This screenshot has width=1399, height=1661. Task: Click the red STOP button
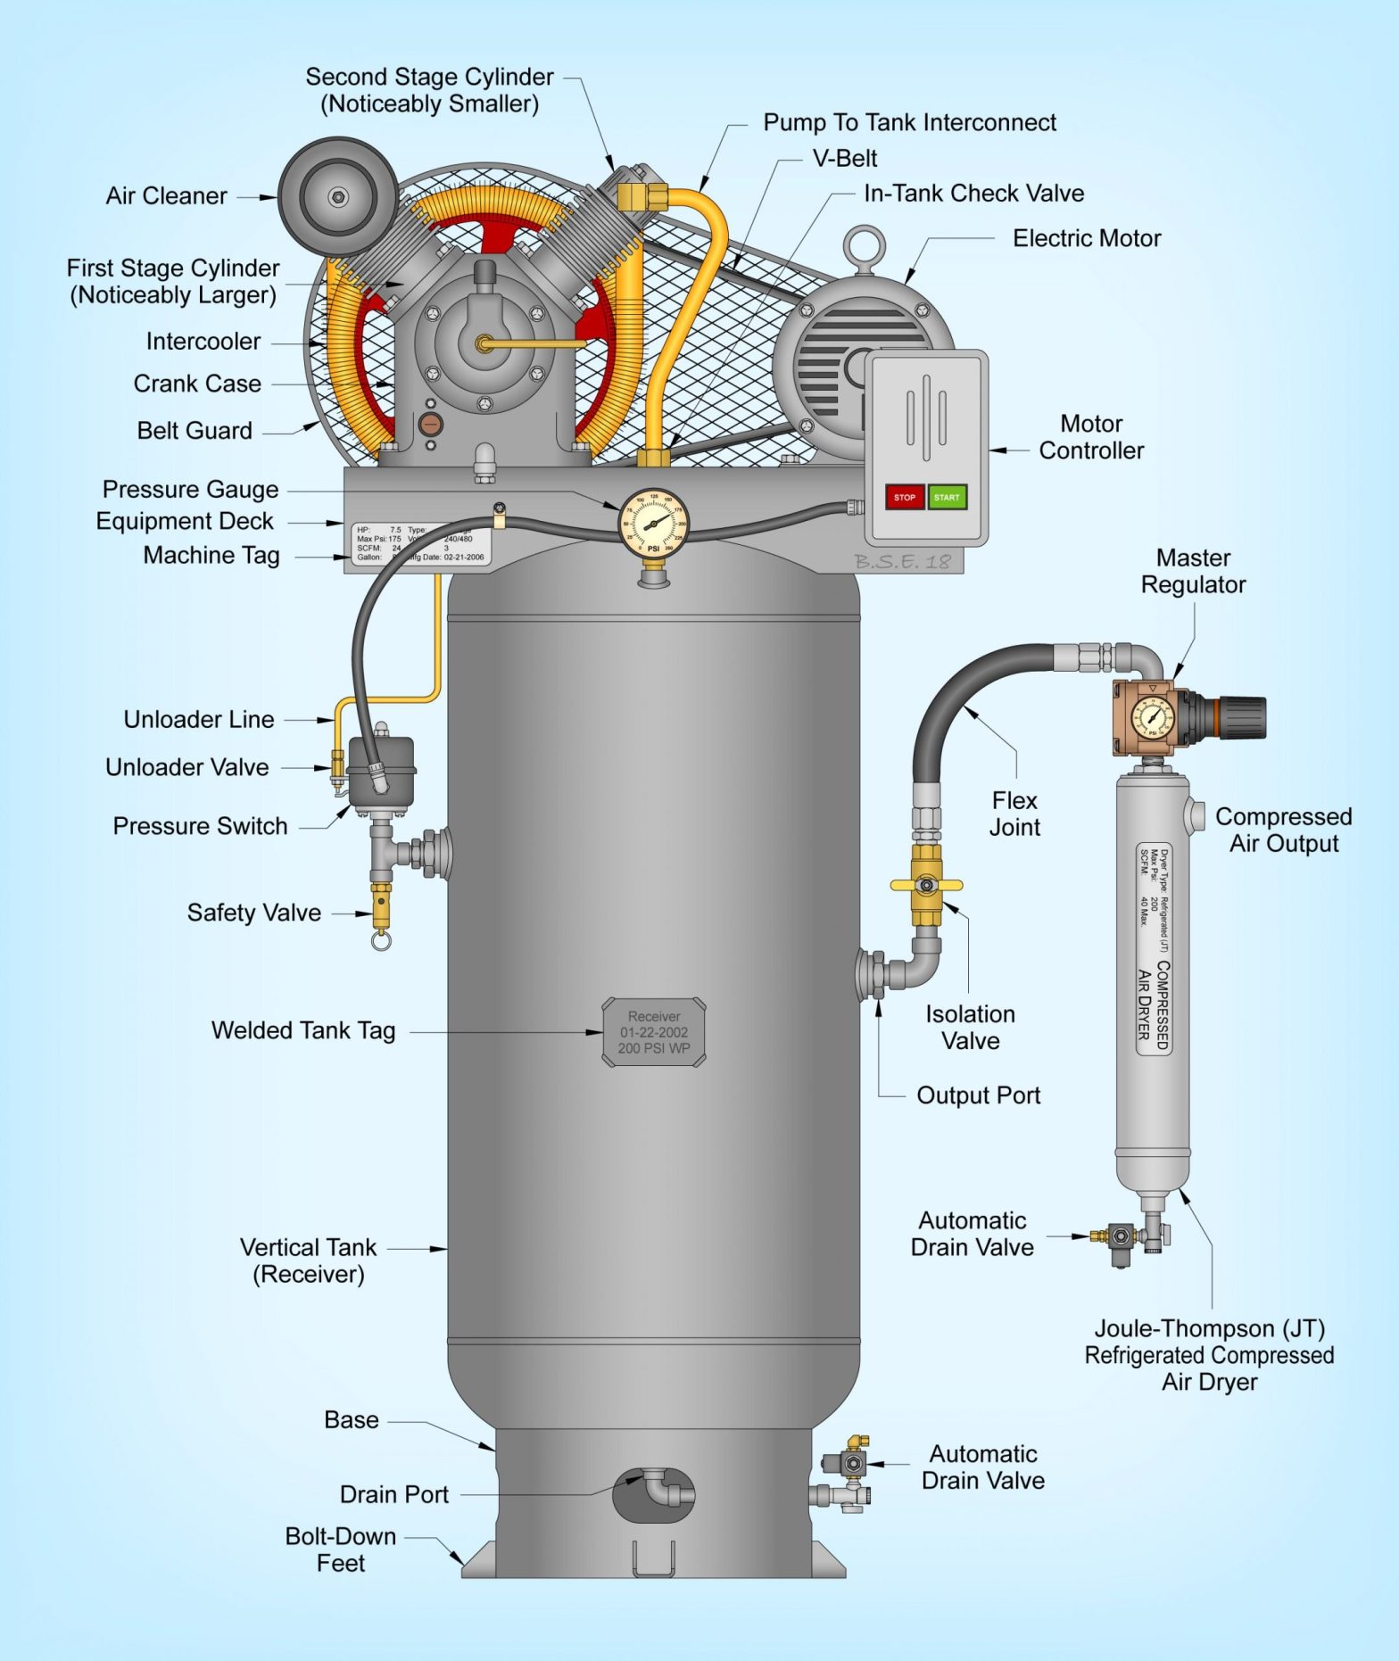(904, 497)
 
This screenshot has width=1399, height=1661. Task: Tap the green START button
(947, 497)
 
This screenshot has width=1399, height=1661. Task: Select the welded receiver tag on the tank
(654, 1032)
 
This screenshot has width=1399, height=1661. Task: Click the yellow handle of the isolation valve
(926, 885)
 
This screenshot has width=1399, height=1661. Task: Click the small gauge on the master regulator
(1152, 717)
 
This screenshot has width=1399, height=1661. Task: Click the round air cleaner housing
(337, 196)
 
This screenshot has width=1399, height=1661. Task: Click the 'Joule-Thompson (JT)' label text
(1209, 1328)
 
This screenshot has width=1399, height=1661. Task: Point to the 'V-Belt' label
(844, 159)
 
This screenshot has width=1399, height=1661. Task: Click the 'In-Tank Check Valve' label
(973, 194)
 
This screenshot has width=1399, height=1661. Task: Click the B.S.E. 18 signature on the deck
(902, 561)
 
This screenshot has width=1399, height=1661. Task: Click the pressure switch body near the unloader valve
(381, 771)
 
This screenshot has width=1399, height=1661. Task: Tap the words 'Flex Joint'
(1014, 813)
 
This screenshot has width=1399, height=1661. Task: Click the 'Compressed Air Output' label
(1283, 830)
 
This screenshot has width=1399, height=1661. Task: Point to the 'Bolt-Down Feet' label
(340, 1549)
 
